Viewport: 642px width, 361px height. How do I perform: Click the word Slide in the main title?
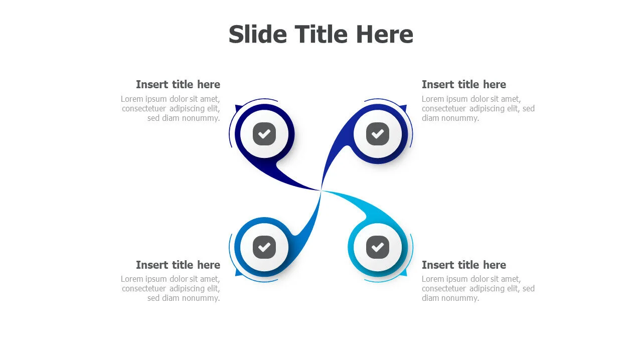pyautogui.click(x=258, y=35)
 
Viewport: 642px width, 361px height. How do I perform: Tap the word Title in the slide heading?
pyautogui.click(x=321, y=35)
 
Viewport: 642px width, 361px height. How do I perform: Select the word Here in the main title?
pyautogui.click(x=385, y=35)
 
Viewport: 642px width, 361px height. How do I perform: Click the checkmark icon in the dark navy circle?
pyautogui.click(x=264, y=134)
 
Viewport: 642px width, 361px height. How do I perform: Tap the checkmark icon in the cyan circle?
pyautogui.click(x=378, y=247)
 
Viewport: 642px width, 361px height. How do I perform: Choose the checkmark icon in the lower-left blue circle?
pyautogui.click(x=264, y=247)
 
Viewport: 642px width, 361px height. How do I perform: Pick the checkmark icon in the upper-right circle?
pyautogui.click(x=378, y=134)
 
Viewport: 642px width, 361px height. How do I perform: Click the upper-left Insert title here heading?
pyautogui.click(x=178, y=85)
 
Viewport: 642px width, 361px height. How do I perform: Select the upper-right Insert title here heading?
pyautogui.click(x=464, y=85)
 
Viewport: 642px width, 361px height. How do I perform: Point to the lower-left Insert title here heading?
pyautogui.click(x=178, y=265)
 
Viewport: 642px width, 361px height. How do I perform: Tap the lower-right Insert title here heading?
pyautogui.click(x=464, y=265)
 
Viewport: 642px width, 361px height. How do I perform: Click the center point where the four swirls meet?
pyautogui.click(x=320, y=190)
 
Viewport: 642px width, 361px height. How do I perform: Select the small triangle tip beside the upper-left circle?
pyautogui.click(x=238, y=108)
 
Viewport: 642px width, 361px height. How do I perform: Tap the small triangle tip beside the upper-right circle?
pyautogui.click(x=404, y=108)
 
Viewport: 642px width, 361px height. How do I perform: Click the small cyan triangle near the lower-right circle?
pyautogui.click(x=404, y=273)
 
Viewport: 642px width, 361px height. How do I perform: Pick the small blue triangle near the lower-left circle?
pyautogui.click(x=238, y=273)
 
